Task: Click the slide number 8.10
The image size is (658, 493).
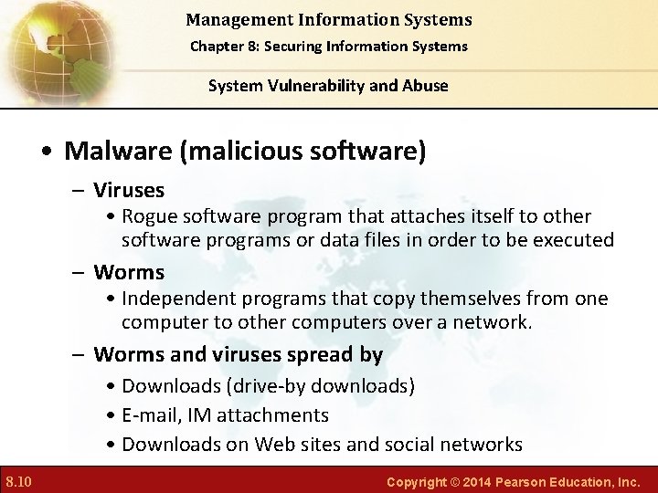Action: tap(19, 480)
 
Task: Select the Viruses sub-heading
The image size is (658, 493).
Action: tap(129, 190)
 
